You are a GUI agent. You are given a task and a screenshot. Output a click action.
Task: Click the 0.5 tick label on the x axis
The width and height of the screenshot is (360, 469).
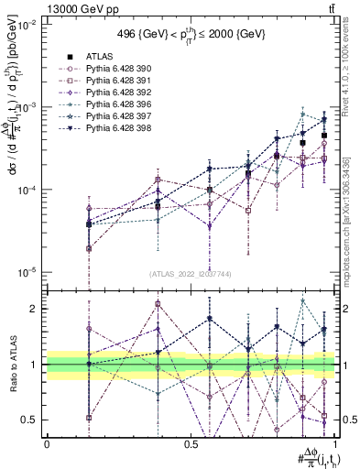[x=191, y=443]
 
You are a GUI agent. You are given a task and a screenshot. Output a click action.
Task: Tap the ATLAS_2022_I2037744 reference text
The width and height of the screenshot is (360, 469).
[x=191, y=274]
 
